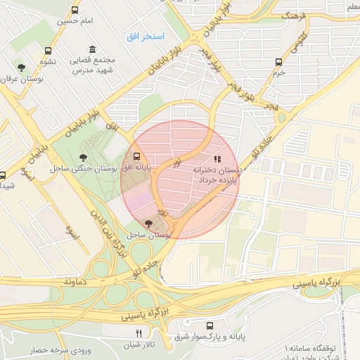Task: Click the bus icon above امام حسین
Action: click(75, 11)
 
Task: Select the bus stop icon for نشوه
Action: click(48, 51)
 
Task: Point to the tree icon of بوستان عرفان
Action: click(22, 68)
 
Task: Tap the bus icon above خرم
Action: click(279, 62)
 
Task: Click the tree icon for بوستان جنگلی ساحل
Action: click(84, 158)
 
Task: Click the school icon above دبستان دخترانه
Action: click(217, 160)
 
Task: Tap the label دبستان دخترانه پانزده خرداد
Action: click(219, 176)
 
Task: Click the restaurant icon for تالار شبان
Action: click(139, 333)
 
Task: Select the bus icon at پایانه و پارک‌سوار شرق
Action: click(210, 326)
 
